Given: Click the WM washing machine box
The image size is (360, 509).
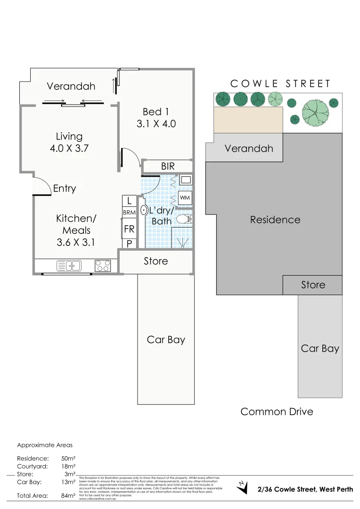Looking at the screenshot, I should (185, 198).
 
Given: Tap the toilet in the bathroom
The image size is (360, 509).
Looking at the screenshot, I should (184, 219).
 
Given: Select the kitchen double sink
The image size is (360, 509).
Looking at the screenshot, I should (69, 266).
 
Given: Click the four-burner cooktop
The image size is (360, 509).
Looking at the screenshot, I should (103, 266).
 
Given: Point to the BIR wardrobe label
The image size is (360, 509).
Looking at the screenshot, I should (167, 166).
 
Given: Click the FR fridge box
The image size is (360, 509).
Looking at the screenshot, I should (129, 230).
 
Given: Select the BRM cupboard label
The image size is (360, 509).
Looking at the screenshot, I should (129, 213).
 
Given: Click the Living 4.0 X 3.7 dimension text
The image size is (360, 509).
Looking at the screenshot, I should (69, 148).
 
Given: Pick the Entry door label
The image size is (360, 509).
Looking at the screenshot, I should (65, 189).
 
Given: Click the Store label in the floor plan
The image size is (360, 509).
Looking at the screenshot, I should (155, 261).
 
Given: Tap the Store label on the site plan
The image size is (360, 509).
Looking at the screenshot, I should (313, 285).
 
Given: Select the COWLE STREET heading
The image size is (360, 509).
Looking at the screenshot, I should (280, 84).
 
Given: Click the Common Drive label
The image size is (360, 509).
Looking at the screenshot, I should (277, 411).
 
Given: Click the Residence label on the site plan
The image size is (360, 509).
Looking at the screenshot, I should (275, 220).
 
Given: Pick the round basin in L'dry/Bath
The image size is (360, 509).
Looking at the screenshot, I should (144, 210).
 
